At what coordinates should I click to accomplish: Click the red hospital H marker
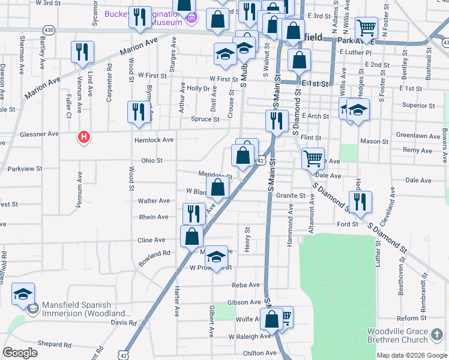tap(85, 137)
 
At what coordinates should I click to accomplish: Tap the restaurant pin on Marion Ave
tap(82, 52)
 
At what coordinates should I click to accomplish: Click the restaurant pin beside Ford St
tap(360, 202)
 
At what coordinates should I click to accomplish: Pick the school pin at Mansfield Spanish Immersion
tap(23, 295)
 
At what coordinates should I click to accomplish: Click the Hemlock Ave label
tap(154, 139)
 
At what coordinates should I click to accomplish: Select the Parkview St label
tap(22, 169)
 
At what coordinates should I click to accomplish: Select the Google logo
tap(20, 353)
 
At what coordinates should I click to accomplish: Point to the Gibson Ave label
tap(244, 302)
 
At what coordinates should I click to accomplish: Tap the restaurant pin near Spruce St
tap(138, 112)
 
